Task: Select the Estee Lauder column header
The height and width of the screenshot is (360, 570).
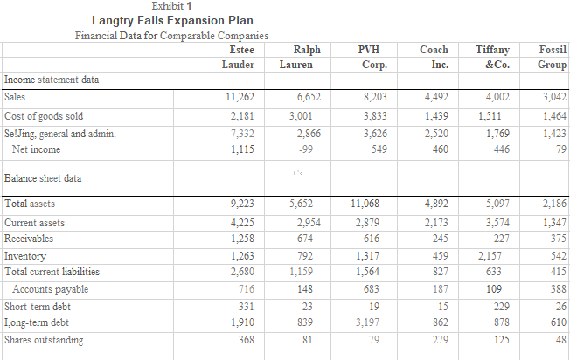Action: point(230,58)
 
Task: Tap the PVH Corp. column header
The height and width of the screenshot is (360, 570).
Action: point(374,58)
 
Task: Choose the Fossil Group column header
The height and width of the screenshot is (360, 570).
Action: point(551,58)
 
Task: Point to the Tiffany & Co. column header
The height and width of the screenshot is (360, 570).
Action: point(495,58)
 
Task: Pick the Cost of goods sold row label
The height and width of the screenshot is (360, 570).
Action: point(44,116)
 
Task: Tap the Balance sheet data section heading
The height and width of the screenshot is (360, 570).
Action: point(43,178)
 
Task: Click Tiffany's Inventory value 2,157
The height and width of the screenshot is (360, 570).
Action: point(491,256)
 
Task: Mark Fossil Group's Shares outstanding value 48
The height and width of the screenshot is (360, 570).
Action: point(560,340)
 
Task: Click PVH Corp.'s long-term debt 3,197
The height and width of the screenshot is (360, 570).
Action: point(373,322)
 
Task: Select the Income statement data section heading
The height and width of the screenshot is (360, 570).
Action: point(52,80)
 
